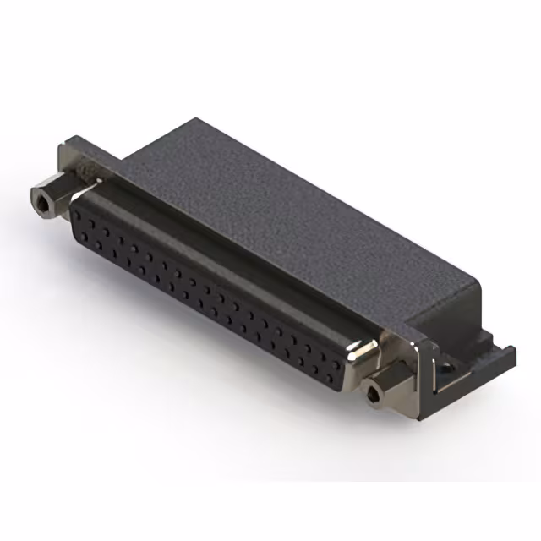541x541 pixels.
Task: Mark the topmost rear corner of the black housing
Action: pos(196,119)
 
